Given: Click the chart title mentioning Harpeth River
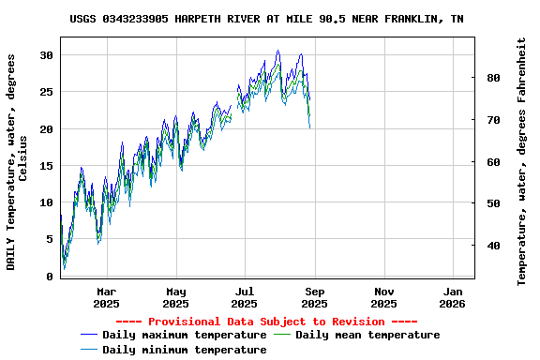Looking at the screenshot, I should click(266, 19).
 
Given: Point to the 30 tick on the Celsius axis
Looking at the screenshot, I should click(47, 55).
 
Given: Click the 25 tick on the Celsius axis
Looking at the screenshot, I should click(47, 92).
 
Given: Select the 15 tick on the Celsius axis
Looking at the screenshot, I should click(47, 166).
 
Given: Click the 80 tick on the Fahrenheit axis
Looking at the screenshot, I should click(493, 78).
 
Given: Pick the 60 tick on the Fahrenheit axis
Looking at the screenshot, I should click(493, 161).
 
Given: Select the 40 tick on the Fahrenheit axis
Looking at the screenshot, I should click(493, 246).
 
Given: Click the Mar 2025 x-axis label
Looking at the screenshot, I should click(107, 297).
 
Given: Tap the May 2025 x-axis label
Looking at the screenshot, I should click(175, 297).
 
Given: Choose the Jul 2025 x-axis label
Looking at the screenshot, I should click(244, 297).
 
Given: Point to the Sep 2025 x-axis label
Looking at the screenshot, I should click(314, 297).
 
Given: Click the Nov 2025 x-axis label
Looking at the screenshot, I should click(383, 297).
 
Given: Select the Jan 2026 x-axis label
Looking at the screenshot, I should click(452, 297).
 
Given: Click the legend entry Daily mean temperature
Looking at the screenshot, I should click(367, 335).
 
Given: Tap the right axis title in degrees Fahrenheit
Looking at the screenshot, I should click(522, 161).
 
